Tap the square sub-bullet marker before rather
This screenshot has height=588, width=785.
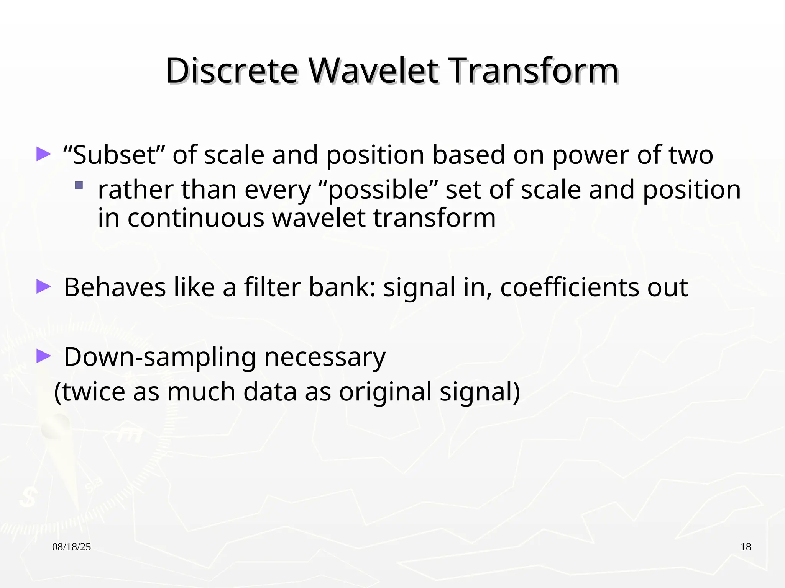pyautogui.click(x=79, y=186)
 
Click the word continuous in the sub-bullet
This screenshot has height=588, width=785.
pyautogui.click(x=196, y=218)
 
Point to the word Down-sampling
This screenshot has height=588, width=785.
pyautogui.click(x=159, y=357)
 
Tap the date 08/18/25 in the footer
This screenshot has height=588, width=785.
pyautogui.click(x=71, y=547)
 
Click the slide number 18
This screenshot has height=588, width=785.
pyautogui.click(x=746, y=547)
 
